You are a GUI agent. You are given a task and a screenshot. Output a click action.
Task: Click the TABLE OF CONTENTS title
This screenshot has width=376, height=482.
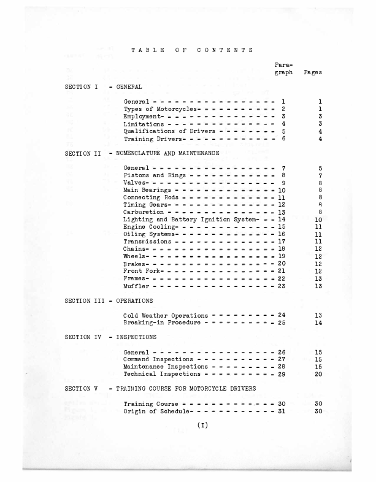click(192, 50)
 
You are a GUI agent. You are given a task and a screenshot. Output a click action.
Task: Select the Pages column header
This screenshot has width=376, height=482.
click(313, 72)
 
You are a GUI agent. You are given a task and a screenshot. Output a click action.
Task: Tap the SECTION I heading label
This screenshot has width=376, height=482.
click(81, 87)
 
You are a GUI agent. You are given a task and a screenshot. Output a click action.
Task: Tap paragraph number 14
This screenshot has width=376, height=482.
click(282, 220)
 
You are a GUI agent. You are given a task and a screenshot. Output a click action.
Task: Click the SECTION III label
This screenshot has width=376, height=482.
click(83, 301)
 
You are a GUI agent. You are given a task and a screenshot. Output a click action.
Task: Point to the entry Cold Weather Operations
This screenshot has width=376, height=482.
click(165, 315)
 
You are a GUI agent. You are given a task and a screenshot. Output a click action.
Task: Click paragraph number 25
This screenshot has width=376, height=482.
click(282, 323)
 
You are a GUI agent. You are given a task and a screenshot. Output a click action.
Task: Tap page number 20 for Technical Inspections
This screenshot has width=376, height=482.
click(318, 374)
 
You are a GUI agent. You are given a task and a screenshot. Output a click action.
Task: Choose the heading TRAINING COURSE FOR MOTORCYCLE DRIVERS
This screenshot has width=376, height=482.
click(186, 389)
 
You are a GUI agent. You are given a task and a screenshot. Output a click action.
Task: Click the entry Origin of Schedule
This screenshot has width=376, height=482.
click(154, 411)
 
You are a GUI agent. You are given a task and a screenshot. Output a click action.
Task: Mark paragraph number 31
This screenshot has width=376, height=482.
click(282, 411)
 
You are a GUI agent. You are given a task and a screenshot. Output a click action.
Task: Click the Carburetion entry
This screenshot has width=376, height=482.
click(144, 212)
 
